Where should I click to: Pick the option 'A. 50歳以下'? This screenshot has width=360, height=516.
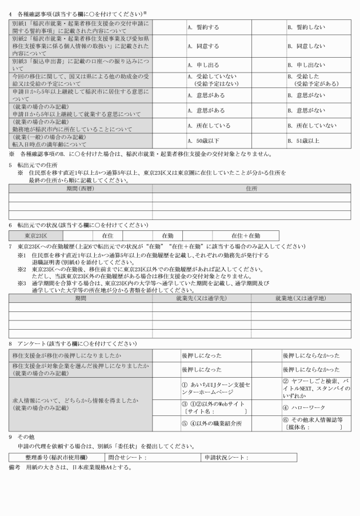pyautogui.click(x=204, y=140)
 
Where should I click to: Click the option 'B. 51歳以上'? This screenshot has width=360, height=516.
pyautogui.click(x=304, y=140)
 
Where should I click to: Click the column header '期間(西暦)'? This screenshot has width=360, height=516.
pyautogui.click(x=80, y=188)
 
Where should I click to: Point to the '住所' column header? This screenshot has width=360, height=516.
pyautogui.click(x=251, y=188)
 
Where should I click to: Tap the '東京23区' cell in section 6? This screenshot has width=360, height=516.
pyautogui.click(x=35, y=235)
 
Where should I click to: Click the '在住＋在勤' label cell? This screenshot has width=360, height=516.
pyautogui.click(x=246, y=235)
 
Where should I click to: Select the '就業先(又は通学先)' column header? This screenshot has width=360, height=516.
pyautogui.click(x=201, y=298)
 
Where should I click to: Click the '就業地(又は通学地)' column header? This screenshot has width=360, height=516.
pyautogui.click(x=301, y=298)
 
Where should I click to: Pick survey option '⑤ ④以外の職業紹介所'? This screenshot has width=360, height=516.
pyautogui.click(x=212, y=423)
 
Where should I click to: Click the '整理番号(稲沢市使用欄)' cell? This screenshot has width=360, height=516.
pyautogui.click(x=57, y=458)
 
